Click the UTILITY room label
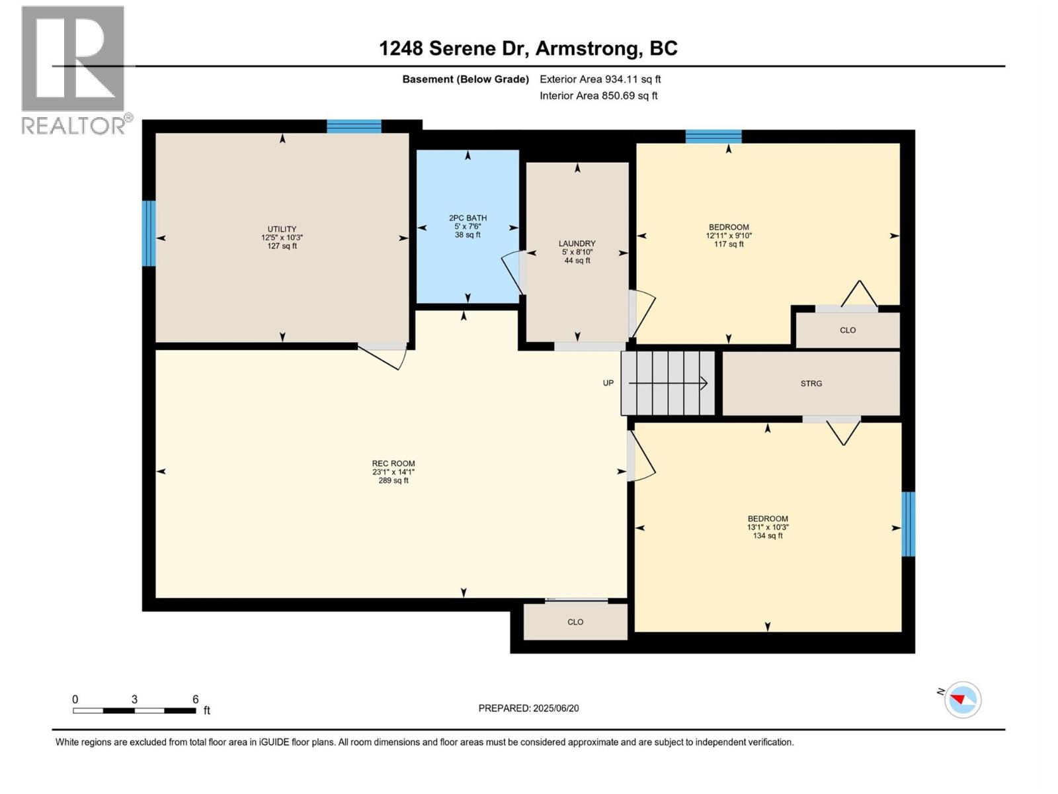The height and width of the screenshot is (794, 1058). coord(282,229)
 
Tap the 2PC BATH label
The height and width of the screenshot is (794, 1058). coord(468,218)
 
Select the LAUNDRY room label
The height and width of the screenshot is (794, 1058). coord(577,243)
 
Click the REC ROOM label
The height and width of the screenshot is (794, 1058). coord(393,463)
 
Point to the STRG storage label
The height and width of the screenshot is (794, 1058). coord(811,383)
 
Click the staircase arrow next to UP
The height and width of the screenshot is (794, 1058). coord(668,383)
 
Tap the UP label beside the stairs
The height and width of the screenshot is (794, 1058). coord(608,383)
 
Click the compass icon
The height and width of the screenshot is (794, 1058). coord(963,699)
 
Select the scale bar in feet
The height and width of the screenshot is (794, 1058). coord(134,710)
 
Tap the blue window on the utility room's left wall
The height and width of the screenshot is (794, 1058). coord(149,234)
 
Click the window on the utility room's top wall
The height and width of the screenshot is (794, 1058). coord(354,126)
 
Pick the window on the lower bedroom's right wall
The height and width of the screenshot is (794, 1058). coord(908,524)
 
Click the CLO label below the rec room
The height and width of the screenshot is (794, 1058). coord(575,622)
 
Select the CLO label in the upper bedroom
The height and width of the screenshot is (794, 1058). coord(848,330)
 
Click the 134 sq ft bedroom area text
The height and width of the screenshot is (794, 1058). coord(768,535)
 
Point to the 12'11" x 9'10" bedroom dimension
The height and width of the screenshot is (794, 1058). coord(729,236)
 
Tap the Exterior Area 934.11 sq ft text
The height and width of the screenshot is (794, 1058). coord(600,79)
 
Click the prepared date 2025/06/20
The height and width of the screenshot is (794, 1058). coord(555,708)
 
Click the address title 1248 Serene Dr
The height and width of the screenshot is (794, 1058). coord(452,48)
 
